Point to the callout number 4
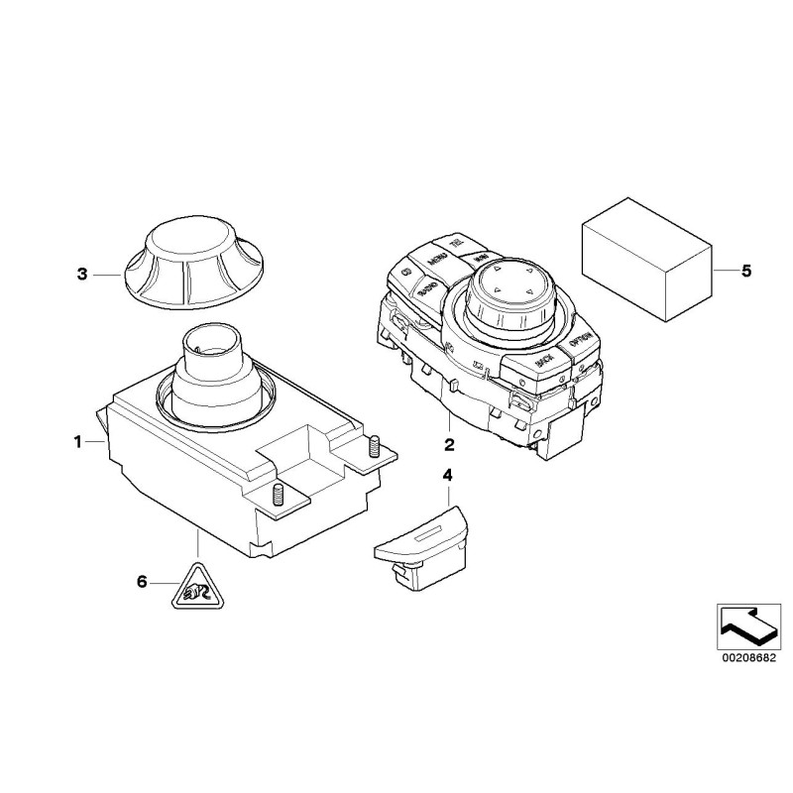447,476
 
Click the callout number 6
141,582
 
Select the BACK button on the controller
542,364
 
